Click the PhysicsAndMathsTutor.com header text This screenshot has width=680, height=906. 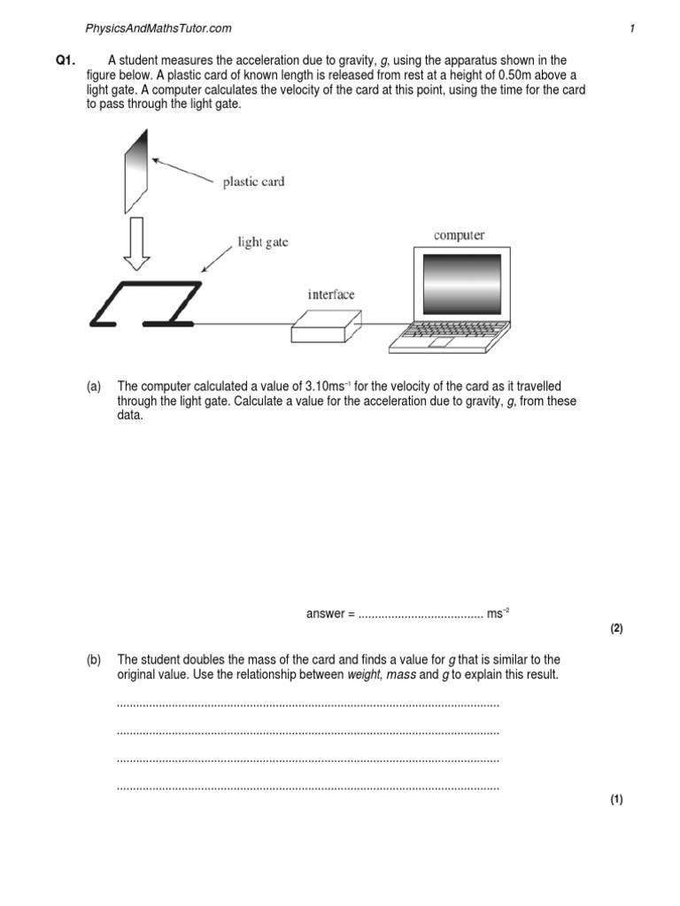coord(158,28)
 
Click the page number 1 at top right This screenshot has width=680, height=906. coord(632,28)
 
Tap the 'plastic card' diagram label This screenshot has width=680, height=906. coord(252,182)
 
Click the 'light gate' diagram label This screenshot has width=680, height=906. coord(262,242)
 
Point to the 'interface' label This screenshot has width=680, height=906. coord(330,295)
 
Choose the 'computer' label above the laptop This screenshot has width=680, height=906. coord(459,235)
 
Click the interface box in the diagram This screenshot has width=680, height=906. coord(326,326)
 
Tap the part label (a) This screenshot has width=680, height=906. coord(94,388)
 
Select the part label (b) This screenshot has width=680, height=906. coord(94,660)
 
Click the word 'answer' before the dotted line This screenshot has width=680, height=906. coord(325,614)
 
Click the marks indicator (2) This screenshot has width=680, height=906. coord(617,629)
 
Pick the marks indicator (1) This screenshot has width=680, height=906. coord(617,800)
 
